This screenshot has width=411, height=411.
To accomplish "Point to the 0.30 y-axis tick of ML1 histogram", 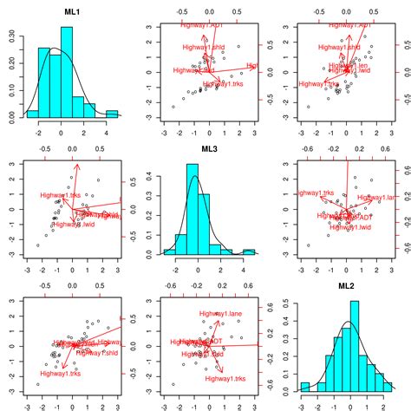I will pyautogui.click(x=11, y=36).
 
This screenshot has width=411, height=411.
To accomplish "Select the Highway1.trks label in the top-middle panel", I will pyautogui.click(x=222, y=83).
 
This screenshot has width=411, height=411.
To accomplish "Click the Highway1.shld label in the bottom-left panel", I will pyautogui.click(x=95, y=353).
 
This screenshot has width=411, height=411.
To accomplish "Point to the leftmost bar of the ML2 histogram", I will pyautogui.click(x=304, y=387).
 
